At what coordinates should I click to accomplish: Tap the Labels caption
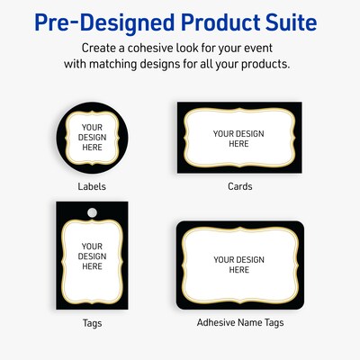[91, 186]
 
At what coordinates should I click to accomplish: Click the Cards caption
[239, 186]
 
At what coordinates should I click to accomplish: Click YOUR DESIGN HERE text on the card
[238, 138]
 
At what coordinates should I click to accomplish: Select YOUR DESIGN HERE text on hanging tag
[92, 256]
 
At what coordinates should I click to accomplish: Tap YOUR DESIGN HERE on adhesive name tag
[238, 265]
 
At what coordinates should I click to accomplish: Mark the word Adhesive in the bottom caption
[217, 320]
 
